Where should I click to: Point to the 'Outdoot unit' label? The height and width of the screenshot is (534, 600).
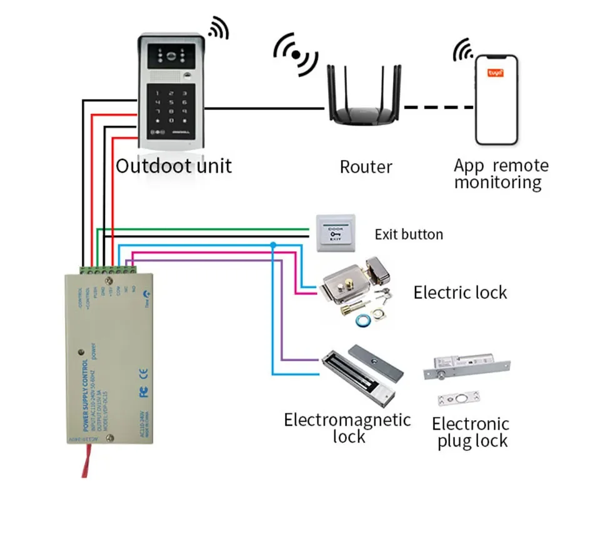point(174,166)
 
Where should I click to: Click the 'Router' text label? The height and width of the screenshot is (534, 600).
point(366,167)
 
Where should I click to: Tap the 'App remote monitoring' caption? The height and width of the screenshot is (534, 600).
point(501,174)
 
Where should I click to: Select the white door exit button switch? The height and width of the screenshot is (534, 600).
point(336,233)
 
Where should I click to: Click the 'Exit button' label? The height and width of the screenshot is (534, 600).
point(409,234)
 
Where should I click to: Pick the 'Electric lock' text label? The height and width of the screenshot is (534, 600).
point(460,292)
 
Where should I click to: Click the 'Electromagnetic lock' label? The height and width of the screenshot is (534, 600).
point(347,428)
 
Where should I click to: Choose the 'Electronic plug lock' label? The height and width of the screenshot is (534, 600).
point(471,432)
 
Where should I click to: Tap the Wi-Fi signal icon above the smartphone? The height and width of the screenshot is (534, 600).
point(463,49)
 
